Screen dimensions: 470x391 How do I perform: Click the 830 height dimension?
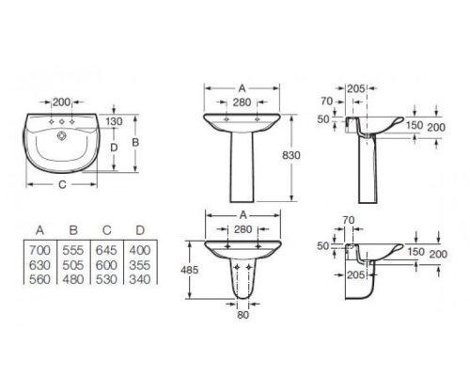[291, 155]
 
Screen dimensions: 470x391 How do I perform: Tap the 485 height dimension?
[190, 270]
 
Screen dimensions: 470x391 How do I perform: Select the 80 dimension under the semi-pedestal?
[243, 315]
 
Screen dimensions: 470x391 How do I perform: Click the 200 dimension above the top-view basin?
[61, 102]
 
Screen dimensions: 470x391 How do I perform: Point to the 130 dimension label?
[114, 121]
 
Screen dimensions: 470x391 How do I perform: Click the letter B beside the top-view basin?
[135, 143]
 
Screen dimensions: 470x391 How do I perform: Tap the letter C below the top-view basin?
[63, 185]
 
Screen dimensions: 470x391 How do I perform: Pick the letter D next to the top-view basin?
[114, 148]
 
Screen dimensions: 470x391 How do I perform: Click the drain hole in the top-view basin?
[62, 135]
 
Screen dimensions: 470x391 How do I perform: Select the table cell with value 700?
[39, 250]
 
